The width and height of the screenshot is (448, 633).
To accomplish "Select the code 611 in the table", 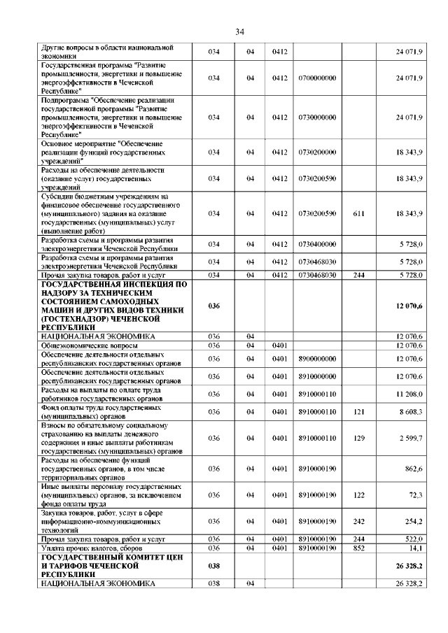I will tap(359, 213).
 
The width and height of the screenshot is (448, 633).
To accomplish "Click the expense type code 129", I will tap(359, 438).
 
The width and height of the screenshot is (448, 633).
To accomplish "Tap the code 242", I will tap(359, 521).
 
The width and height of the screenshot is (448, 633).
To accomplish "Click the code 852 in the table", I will tap(359, 548).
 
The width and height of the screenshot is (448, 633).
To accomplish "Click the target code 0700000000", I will tap(317, 78).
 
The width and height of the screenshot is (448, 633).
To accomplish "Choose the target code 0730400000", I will tap(317, 244).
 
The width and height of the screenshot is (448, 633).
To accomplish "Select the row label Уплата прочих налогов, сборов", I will tap(93, 548).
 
